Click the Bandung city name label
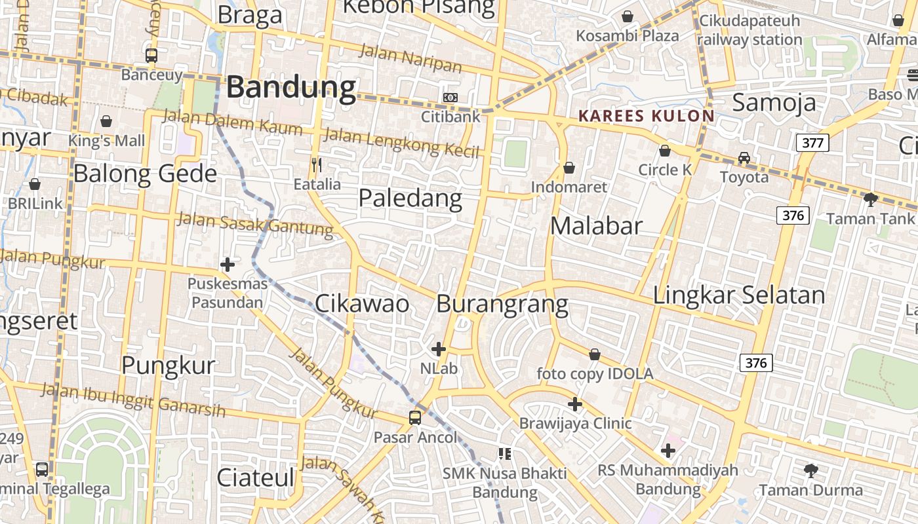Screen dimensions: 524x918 (x=291, y=87)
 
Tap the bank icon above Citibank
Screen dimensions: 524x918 (x=450, y=97)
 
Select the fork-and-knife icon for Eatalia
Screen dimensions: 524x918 (x=317, y=164)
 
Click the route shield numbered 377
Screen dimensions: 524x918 (x=812, y=142)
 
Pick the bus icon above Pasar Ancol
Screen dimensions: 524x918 (x=415, y=417)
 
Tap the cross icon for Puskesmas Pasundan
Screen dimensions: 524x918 (x=228, y=265)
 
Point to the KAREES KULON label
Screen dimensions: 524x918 (x=646, y=116)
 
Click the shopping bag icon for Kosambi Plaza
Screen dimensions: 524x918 (x=628, y=16)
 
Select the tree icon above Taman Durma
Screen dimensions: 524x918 (x=811, y=470)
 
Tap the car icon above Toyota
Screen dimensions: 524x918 (x=744, y=158)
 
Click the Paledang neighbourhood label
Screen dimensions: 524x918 (x=410, y=198)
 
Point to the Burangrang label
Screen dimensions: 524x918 (x=502, y=304)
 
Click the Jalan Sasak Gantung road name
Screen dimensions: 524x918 (x=255, y=224)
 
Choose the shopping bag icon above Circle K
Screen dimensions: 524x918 (x=665, y=151)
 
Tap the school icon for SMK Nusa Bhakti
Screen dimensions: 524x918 (x=504, y=453)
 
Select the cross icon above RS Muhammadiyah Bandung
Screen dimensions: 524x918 (x=668, y=451)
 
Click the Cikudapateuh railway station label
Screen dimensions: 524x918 (x=749, y=30)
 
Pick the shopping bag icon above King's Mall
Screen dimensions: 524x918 (x=106, y=121)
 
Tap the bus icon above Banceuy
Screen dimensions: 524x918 (x=151, y=55)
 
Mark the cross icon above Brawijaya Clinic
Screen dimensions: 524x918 (x=575, y=404)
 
